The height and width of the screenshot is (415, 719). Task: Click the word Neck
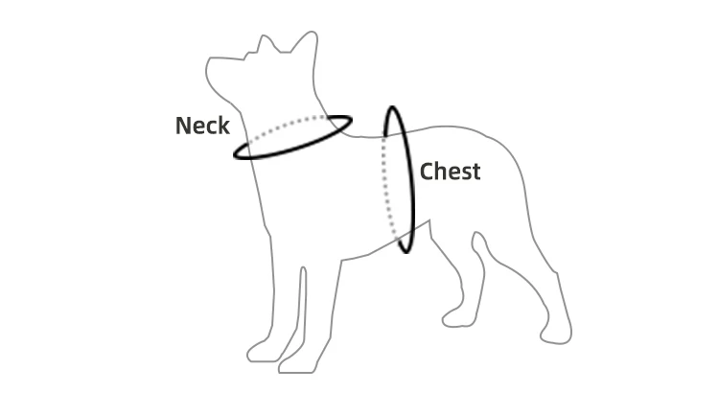coord(202,126)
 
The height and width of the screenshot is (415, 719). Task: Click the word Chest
coord(450,172)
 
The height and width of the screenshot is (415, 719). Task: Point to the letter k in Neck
coord(223,126)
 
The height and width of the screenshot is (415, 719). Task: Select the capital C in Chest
coord(428,172)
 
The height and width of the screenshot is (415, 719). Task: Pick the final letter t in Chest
coord(475,172)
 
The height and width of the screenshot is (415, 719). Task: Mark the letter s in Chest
coord(465,173)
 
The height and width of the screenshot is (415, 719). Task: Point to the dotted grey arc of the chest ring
coord(384,182)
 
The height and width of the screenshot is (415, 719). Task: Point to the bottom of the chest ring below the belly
coord(406,250)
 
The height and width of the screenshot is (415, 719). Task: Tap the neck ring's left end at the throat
coord(238,153)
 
